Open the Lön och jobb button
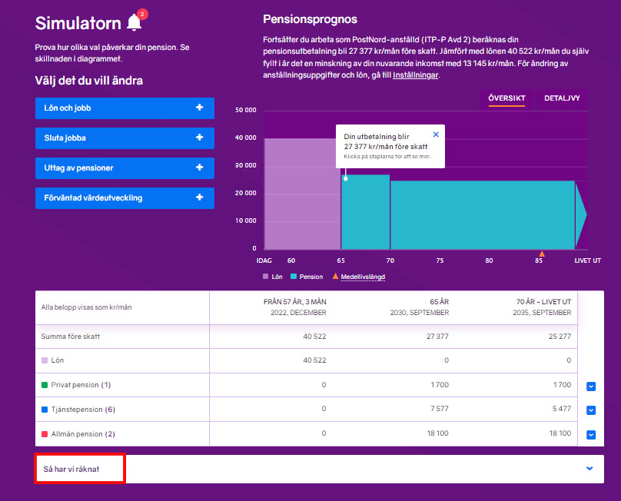pos(125,108)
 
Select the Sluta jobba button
pos(125,138)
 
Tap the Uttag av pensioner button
pos(125,168)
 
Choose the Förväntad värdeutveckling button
pos(125,197)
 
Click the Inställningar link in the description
pos(415,75)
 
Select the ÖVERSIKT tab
pos(506,98)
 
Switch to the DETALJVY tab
pos(562,98)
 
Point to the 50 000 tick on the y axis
pos(245,111)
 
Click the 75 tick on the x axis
pos(440,260)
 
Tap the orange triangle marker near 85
pos(542,254)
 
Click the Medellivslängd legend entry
pos(362,276)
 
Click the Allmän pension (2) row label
pos(82,434)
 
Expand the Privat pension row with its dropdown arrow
pos(590,387)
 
